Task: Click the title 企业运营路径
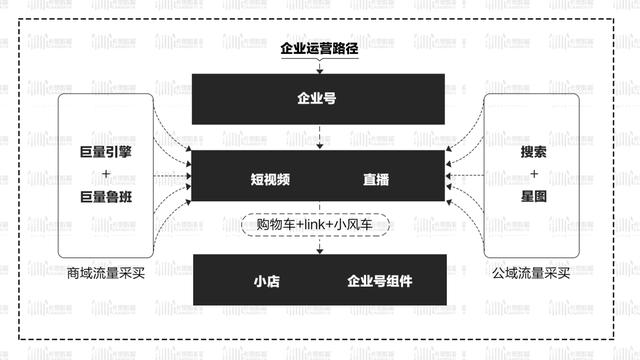[x=320, y=46]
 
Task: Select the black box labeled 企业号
[x=320, y=99]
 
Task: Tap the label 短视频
[x=270, y=181]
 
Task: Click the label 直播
[x=376, y=181]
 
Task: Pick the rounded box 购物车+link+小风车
[x=319, y=225]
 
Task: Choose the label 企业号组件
[x=379, y=281]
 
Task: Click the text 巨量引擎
[x=107, y=153]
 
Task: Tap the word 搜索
[x=533, y=153]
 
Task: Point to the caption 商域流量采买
[x=107, y=273]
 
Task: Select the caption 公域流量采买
[x=532, y=273]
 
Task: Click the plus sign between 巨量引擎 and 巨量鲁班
[x=107, y=175]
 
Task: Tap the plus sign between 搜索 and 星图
[x=533, y=175]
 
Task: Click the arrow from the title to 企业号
[x=320, y=65]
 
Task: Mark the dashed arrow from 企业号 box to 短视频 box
[x=320, y=139]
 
